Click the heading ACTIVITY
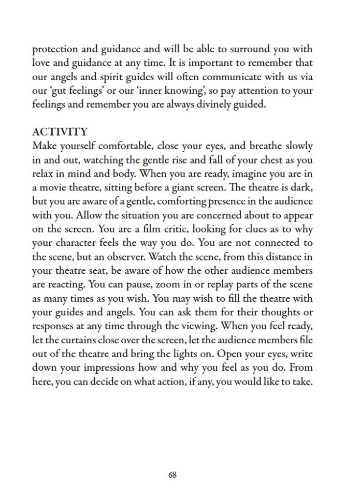point(60,132)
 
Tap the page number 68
point(172,474)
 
